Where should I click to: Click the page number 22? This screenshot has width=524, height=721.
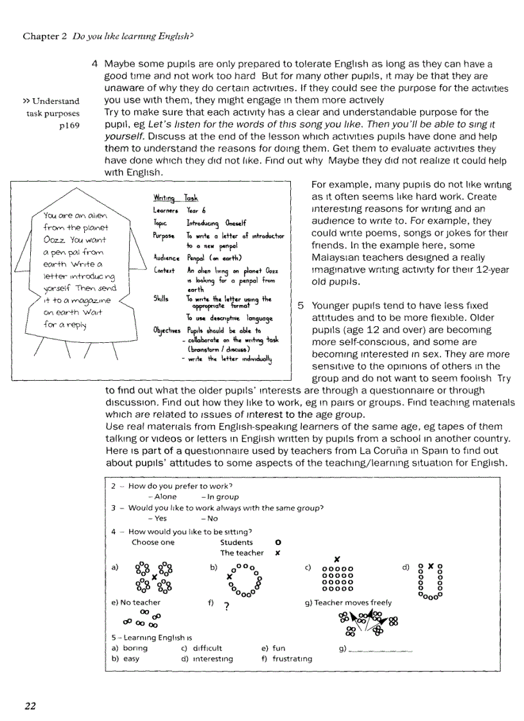pos(30,706)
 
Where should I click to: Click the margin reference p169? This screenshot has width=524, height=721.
pos(69,125)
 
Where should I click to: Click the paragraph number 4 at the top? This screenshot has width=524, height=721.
pos(94,64)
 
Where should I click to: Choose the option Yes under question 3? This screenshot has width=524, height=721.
pos(160,518)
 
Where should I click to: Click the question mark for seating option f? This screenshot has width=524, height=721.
pos(226,606)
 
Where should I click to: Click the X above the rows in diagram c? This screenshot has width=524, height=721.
pos(336,559)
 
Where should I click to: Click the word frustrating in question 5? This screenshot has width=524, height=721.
pos(292,659)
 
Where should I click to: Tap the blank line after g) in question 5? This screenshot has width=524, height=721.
pos(382,650)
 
